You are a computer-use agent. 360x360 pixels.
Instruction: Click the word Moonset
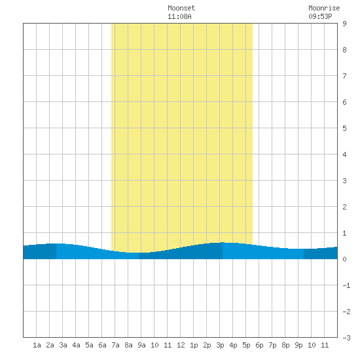click(x=181, y=8)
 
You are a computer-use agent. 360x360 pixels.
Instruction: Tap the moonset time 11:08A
click(x=179, y=16)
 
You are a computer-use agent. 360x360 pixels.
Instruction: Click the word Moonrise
click(x=324, y=8)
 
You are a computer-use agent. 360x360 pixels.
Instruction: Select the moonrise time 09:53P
click(x=320, y=16)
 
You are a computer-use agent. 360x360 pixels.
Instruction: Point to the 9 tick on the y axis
click(x=344, y=24)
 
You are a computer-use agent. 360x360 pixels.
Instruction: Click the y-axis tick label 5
click(x=344, y=128)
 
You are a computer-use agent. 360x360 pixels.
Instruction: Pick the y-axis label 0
click(x=344, y=259)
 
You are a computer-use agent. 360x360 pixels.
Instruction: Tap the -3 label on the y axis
click(x=346, y=338)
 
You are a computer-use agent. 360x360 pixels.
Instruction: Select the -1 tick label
click(x=346, y=285)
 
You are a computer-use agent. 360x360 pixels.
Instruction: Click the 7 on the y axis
click(x=344, y=76)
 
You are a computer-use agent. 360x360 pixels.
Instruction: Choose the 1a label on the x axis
click(x=37, y=345)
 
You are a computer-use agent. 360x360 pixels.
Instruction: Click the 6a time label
click(x=102, y=345)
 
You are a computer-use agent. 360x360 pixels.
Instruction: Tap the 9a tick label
click(x=141, y=345)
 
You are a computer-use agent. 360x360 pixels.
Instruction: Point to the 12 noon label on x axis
click(x=181, y=345)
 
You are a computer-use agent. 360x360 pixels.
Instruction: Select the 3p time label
click(x=220, y=345)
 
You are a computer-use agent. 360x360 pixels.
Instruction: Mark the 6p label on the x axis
click(x=259, y=345)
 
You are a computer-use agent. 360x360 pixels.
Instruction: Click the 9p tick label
click(x=298, y=345)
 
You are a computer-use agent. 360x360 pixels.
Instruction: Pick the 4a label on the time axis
click(x=76, y=345)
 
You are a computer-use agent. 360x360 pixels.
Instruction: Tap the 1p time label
click(x=194, y=345)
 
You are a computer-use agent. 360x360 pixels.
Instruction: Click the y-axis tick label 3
click(x=344, y=181)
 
